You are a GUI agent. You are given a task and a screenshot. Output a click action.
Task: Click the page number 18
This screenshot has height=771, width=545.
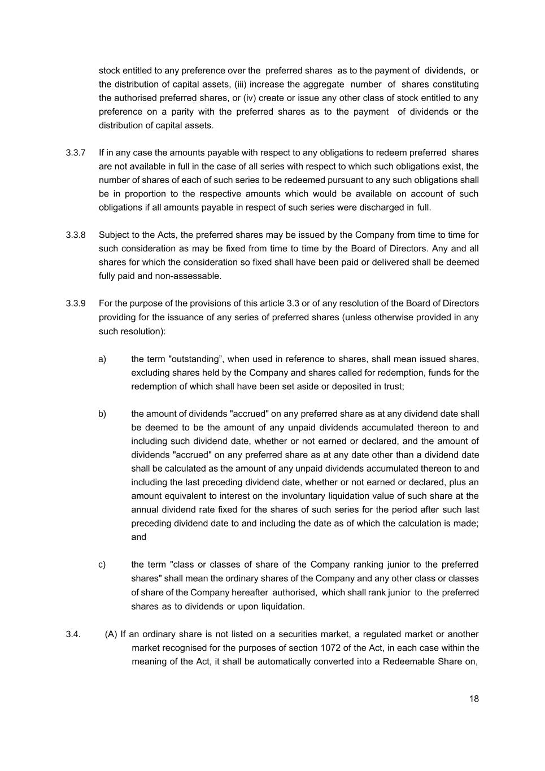pos(473,699)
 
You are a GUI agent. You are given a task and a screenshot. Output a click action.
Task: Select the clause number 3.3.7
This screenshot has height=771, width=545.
pos(76,153)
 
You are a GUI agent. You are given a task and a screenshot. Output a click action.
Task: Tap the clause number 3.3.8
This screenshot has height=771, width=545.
pos(76,235)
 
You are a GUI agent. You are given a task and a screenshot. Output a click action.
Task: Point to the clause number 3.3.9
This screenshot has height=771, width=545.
pos(76,303)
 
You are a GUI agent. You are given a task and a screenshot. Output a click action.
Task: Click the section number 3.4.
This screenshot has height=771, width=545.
pos(73,634)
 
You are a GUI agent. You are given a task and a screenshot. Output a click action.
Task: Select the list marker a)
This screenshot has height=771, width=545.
pos(102,359)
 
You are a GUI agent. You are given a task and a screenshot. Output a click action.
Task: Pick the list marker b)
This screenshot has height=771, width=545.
pos(102,414)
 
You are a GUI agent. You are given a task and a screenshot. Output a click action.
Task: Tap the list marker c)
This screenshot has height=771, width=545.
pos(102,565)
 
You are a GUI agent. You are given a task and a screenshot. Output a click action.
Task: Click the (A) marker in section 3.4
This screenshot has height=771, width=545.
pos(111,634)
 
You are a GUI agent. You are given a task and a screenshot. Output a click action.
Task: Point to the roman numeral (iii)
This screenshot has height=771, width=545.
pos(240,85)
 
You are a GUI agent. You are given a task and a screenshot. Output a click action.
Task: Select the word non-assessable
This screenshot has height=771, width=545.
pos(192,276)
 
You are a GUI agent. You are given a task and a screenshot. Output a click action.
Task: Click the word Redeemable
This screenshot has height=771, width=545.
pos(408,661)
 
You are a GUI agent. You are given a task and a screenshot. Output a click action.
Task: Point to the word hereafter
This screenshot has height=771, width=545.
pos(250,593)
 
